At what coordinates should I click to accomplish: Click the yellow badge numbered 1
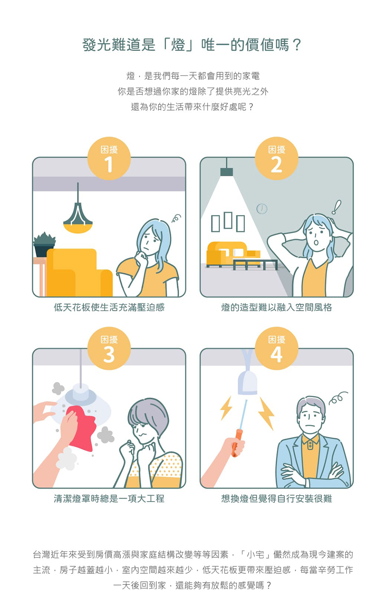click(109, 158)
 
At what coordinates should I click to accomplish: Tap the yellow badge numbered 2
click(276, 158)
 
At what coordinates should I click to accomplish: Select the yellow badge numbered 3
click(109, 348)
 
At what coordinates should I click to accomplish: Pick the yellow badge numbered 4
click(276, 348)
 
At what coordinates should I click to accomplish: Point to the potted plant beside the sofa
click(44, 244)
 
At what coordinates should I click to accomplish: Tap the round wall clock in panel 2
click(262, 209)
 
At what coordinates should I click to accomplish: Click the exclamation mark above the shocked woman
click(336, 207)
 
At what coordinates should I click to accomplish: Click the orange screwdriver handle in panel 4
click(236, 443)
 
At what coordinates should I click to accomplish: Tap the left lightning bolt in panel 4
click(226, 408)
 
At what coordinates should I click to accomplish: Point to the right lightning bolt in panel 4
click(266, 413)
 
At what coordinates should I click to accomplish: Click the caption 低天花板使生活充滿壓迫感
click(109, 308)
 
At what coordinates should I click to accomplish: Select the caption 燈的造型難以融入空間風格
click(276, 308)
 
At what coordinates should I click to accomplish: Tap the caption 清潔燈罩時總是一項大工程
click(109, 498)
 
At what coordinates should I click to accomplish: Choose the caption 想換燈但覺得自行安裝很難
click(276, 498)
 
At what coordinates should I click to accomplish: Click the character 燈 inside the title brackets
click(178, 44)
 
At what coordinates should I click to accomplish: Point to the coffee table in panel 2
click(255, 264)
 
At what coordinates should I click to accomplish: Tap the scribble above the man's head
click(338, 398)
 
